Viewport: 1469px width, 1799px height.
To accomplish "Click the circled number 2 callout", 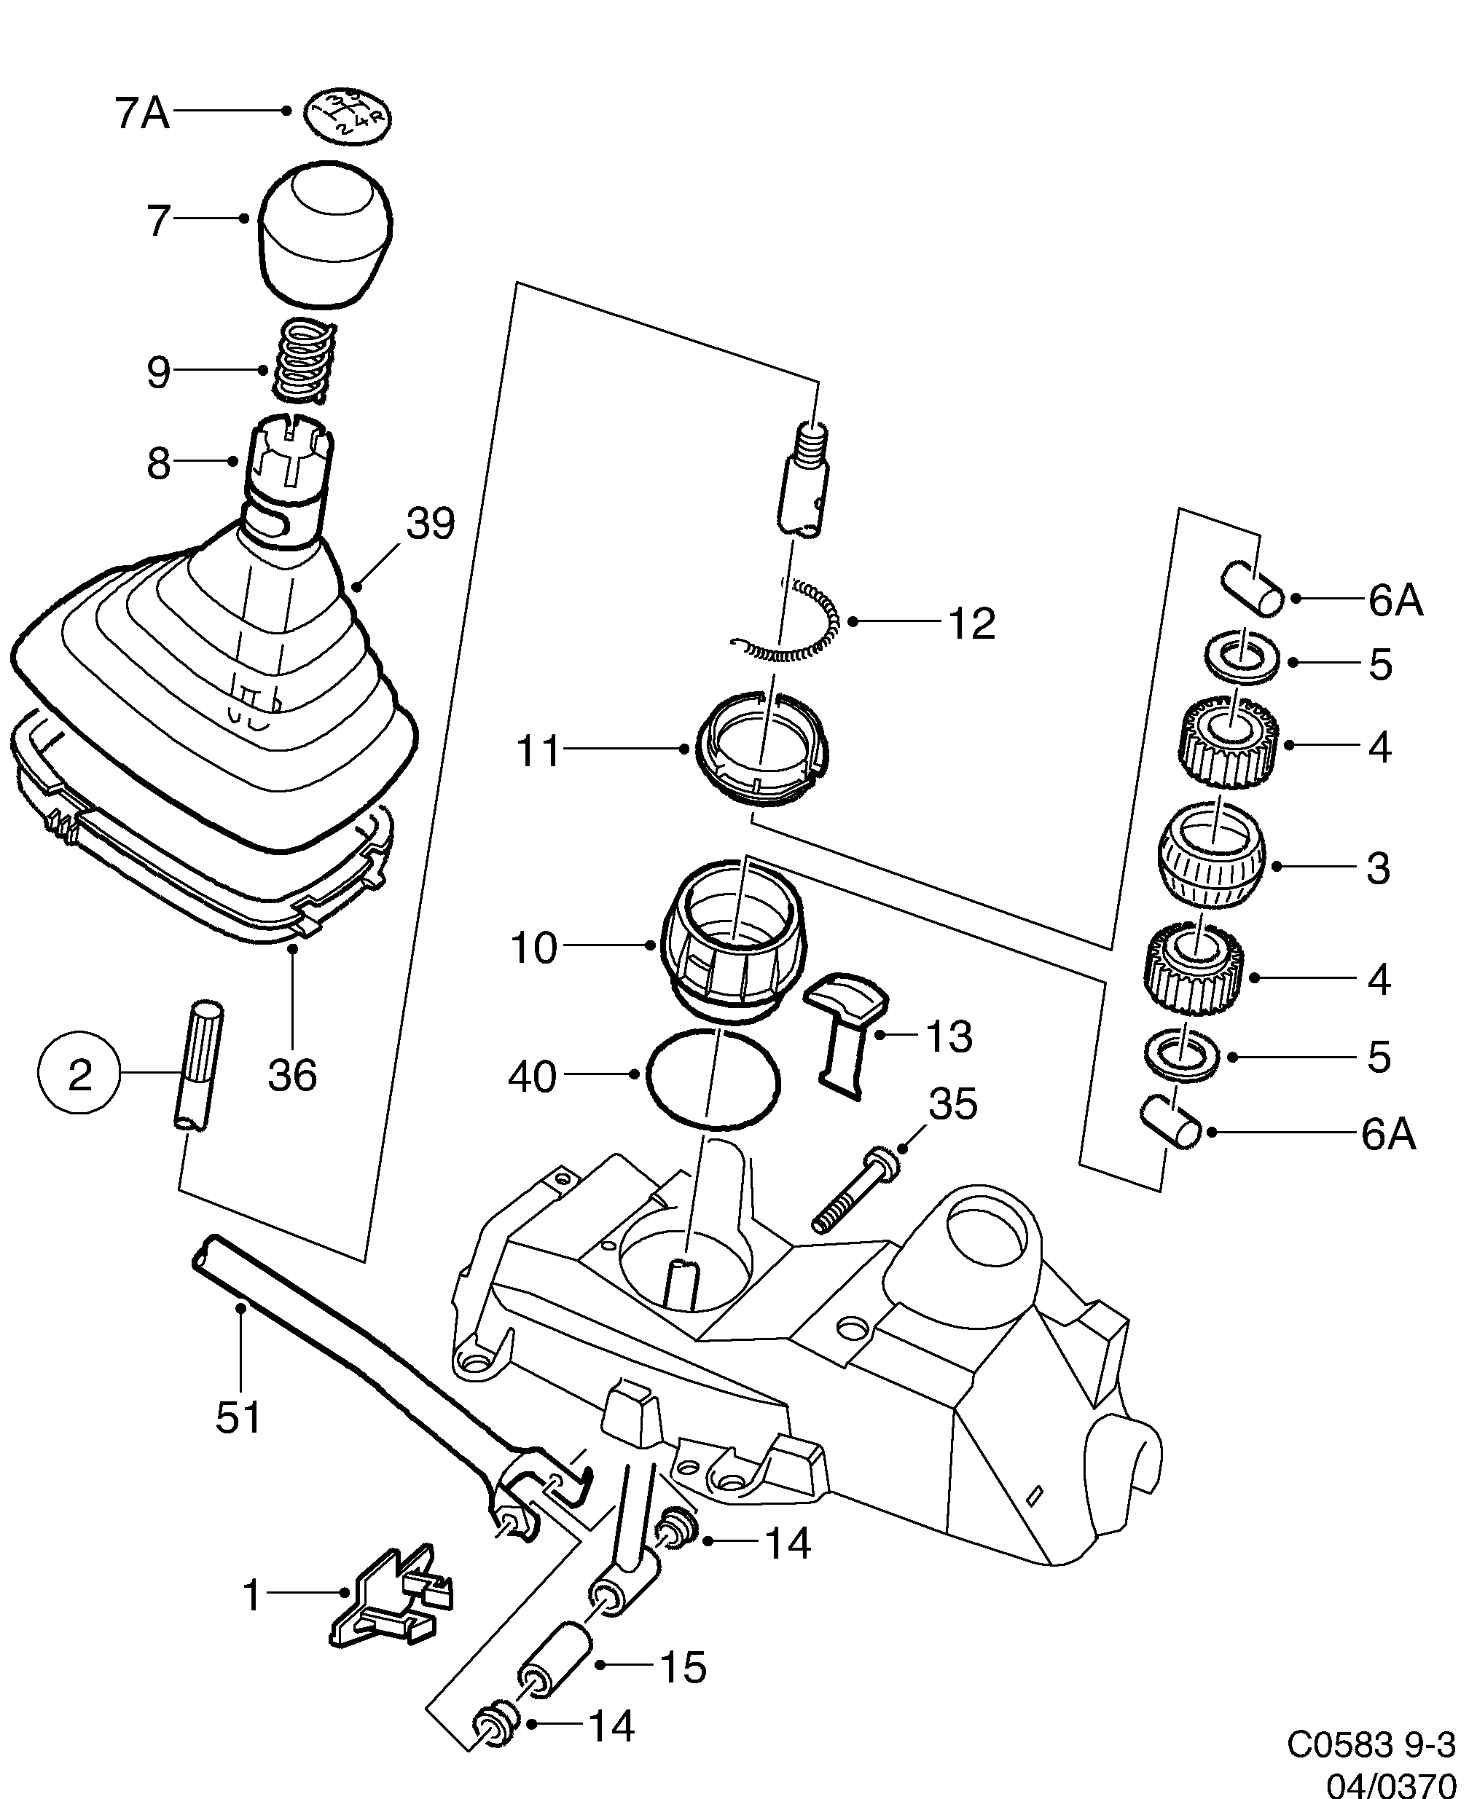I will (x=79, y=1076).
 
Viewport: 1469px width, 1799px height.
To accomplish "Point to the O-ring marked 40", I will (x=713, y=1079).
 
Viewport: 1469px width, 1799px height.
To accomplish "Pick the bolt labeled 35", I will (x=855, y=1192).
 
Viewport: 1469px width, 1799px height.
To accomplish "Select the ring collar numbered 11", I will (x=761, y=749).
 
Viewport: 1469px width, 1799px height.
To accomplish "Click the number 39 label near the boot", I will (x=430, y=524).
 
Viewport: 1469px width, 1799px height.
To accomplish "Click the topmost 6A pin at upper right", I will (x=1253, y=589).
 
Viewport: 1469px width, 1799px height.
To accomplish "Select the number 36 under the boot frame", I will (x=292, y=1076).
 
